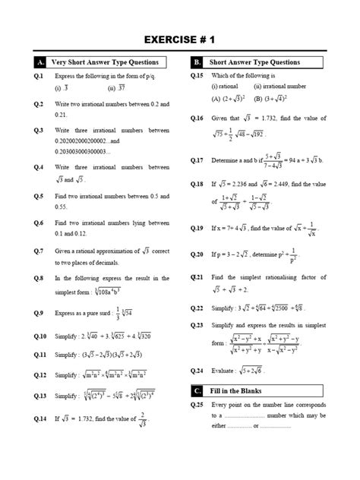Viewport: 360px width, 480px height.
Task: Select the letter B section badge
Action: (196, 62)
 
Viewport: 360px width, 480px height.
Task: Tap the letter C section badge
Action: (196, 391)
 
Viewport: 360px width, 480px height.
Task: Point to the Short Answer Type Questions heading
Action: (254, 62)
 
